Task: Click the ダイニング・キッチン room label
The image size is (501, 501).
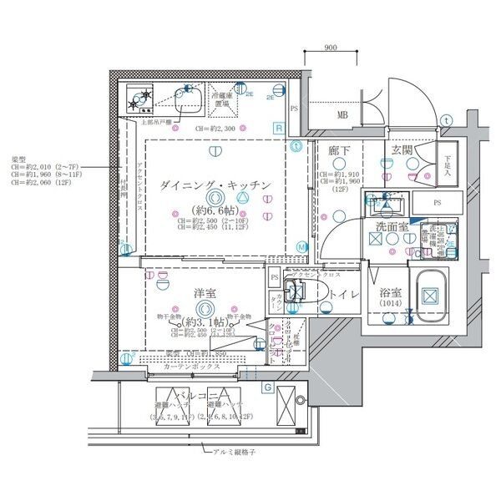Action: (x=215, y=185)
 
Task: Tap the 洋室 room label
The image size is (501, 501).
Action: (x=206, y=293)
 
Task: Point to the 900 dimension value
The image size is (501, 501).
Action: (x=330, y=48)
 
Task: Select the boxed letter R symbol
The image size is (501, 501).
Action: (x=278, y=128)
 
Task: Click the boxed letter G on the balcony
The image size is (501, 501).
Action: (x=266, y=387)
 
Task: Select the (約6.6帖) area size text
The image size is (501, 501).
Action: (x=215, y=210)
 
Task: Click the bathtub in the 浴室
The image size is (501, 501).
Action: (x=430, y=294)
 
